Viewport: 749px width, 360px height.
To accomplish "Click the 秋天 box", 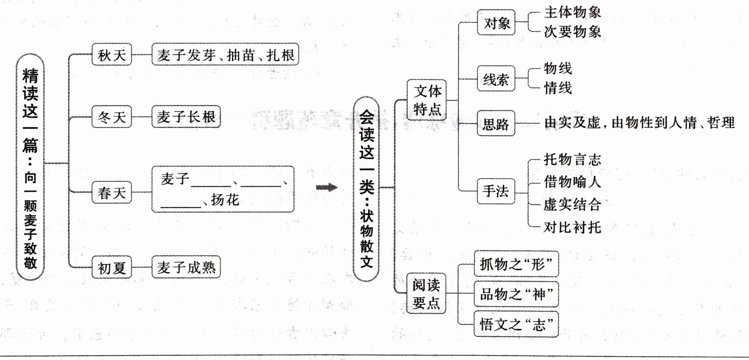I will tap(112, 55).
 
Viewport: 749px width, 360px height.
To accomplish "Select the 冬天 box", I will tap(112, 117).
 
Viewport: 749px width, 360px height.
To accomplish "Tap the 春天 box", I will tap(112, 192).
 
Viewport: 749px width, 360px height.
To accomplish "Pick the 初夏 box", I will tap(112, 268).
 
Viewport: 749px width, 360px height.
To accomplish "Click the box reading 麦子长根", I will tap(186, 117).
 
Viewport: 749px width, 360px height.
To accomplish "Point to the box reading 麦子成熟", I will tap(186, 268).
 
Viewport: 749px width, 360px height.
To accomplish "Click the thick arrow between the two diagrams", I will tap(327, 188).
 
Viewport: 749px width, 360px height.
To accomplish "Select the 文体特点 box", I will tap(427, 100).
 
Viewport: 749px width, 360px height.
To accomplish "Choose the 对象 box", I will tap(496, 22).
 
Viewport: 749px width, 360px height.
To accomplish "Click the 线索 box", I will tap(496, 79).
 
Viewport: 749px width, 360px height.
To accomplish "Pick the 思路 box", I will tap(496, 124).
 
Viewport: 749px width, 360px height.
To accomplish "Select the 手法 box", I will tap(496, 191).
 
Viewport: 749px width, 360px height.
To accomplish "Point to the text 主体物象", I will tap(572, 12).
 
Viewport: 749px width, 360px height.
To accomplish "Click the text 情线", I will tap(558, 88).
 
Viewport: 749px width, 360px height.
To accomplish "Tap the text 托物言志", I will tap(572, 160).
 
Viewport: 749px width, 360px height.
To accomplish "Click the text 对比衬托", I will tap(572, 227).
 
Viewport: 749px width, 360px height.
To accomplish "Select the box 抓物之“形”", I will tap(516, 264).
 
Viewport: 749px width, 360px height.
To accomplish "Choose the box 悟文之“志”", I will tap(516, 325).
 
